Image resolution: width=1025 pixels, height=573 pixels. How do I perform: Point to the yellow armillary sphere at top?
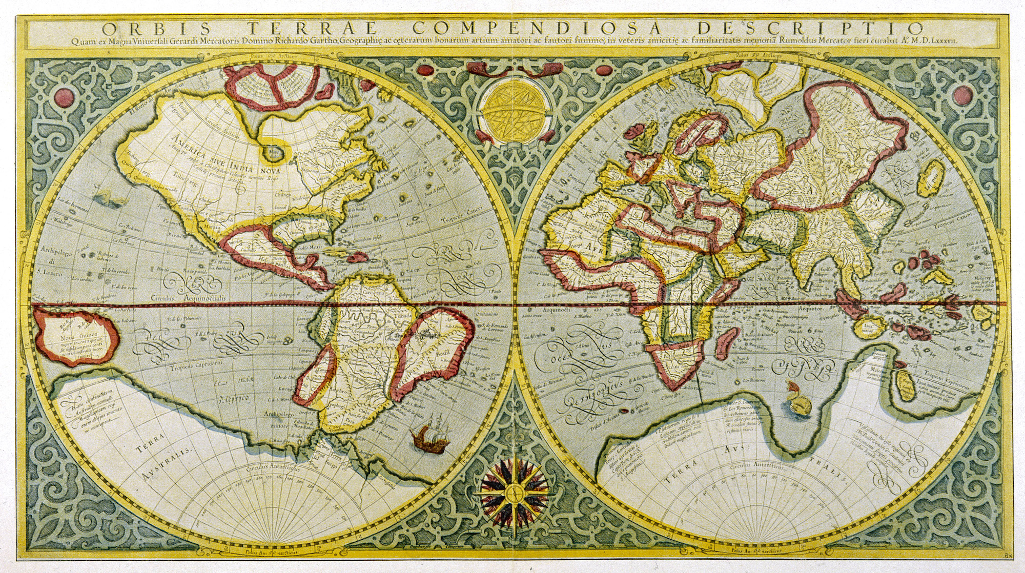click(x=512, y=111)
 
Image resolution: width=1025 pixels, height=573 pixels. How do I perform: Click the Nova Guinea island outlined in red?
click(x=77, y=335)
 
